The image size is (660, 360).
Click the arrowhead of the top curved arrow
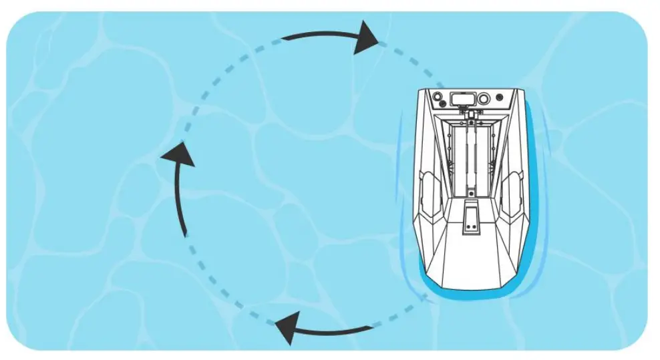pos(365,38)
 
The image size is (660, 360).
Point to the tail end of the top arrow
pos(284,38)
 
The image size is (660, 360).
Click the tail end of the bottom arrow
pos(371,327)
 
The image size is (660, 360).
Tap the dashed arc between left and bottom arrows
pos(220,287)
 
